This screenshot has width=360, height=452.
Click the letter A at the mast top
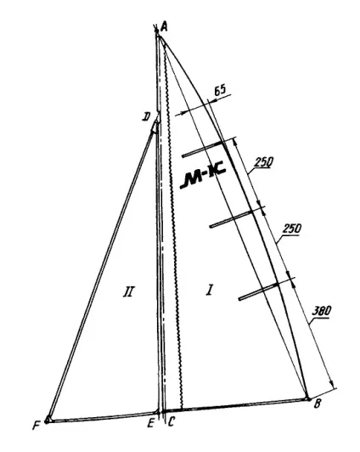tap(165, 27)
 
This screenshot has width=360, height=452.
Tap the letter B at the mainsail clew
tap(317, 404)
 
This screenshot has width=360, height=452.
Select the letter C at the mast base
tap(171, 422)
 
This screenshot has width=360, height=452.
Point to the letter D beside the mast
tap(146, 116)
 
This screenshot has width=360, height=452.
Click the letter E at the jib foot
tap(150, 423)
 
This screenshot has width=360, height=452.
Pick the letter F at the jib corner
tap(36, 425)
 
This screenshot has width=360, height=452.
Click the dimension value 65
tap(220, 90)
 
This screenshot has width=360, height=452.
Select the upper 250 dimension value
tap(263, 162)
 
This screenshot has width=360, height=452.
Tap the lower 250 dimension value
tap(291, 229)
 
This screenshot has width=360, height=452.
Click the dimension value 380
tap(322, 311)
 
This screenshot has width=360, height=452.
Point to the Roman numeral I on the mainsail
tap(210, 290)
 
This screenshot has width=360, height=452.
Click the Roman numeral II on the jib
tap(128, 291)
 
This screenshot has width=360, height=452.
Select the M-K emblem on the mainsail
tap(202, 178)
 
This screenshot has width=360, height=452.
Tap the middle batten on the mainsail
tap(232, 219)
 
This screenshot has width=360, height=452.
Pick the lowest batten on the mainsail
tap(258, 291)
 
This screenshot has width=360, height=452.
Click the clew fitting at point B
tap(308, 399)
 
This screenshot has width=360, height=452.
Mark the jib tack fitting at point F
tap(48, 420)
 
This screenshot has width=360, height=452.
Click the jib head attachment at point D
tap(156, 126)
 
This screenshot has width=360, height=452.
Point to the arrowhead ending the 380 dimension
tap(332, 384)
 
